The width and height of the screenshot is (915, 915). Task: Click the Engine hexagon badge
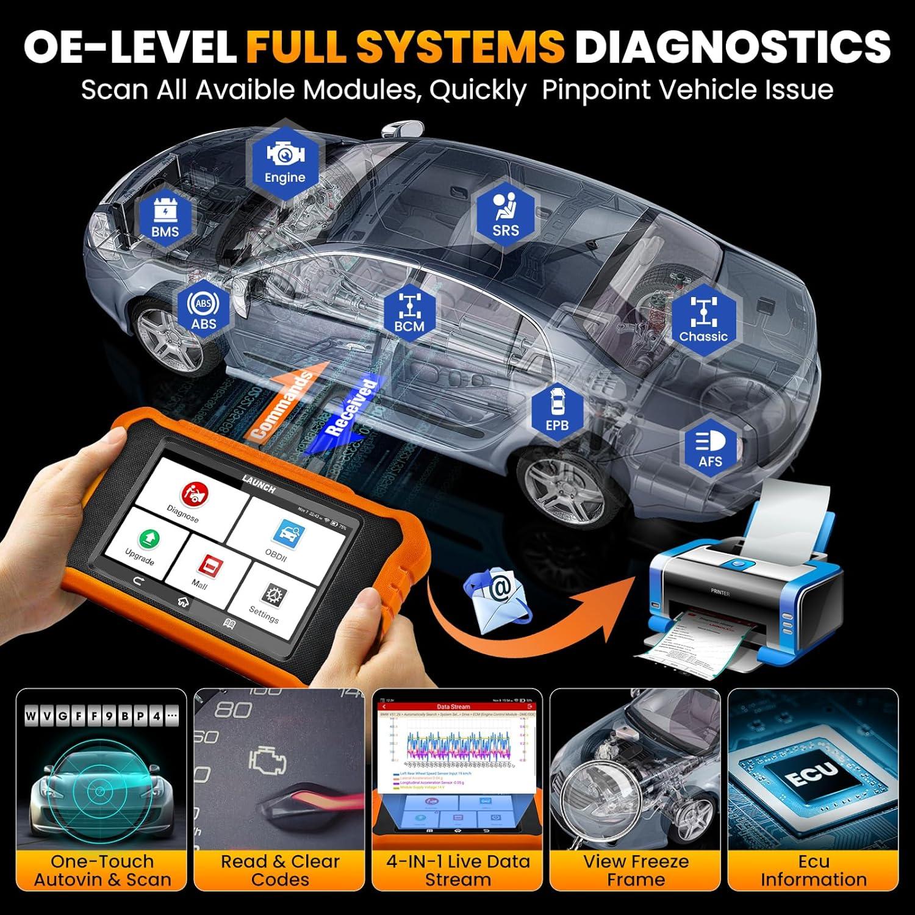pyautogui.click(x=284, y=160)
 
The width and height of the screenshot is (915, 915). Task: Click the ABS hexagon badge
pyautogui.click(x=203, y=310)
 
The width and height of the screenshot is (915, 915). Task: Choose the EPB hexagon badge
pyautogui.click(x=556, y=410)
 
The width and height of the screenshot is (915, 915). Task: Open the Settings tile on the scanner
pyautogui.click(x=267, y=602)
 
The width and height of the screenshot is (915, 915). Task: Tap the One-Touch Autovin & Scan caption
pyautogui.click(x=102, y=870)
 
